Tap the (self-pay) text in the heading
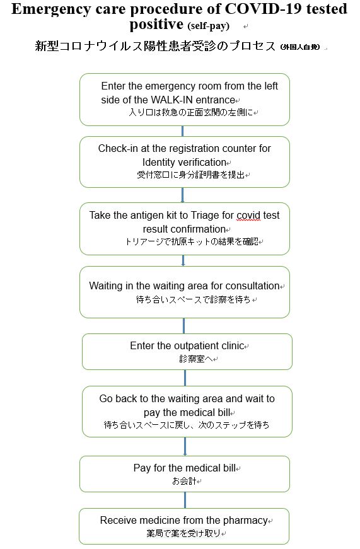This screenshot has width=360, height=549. click(x=208, y=26)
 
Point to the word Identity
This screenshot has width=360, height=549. click(x=159, y=163)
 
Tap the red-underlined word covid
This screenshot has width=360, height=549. click(x=248, y=216)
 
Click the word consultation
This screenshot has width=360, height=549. click(x=252, y=286)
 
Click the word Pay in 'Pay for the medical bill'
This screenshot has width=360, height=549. click(x=142, y=468)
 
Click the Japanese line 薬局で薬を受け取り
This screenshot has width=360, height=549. click(x=183, y=533)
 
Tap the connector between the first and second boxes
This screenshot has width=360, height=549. click(x=182, y=131)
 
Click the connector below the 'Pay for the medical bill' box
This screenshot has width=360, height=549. click(x=185, y=500)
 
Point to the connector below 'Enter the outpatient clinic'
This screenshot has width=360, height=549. click(x=185, y=378)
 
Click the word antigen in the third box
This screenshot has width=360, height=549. click(x=148, y=216)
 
